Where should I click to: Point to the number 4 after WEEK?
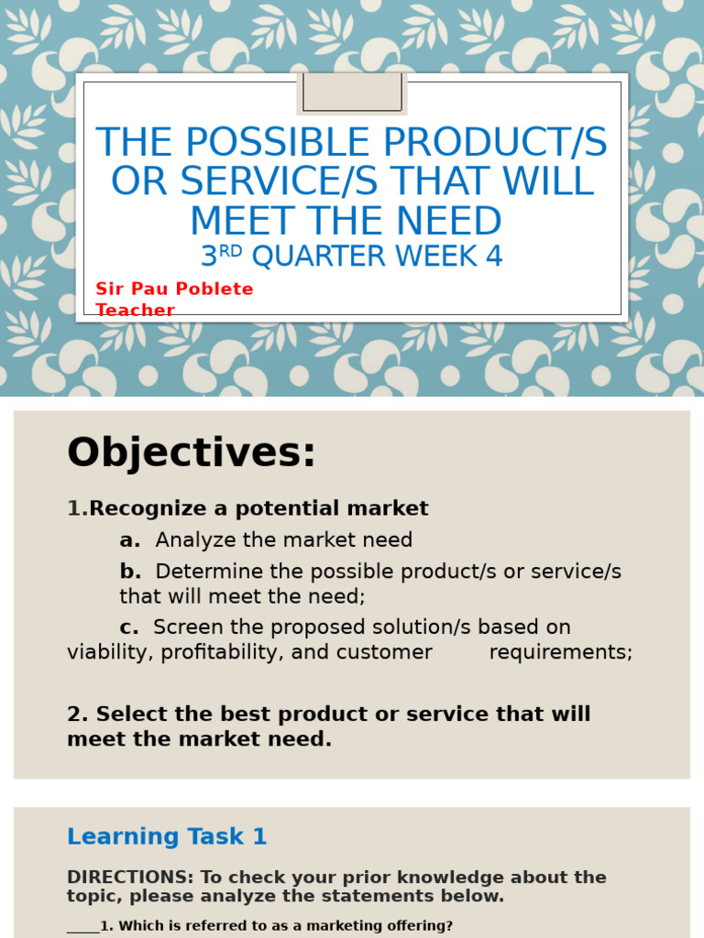[494, 257]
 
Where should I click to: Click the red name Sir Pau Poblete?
[174, 289]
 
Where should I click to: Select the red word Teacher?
[136, 311]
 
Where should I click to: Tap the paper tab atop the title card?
[352, 93]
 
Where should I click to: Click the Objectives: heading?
[192, 453]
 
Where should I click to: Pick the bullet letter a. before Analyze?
[129, 540]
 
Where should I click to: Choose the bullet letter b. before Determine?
[130, 572]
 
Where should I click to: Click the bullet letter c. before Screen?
[129, 627]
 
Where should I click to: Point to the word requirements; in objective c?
[560, 652]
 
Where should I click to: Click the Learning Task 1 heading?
[167, 836]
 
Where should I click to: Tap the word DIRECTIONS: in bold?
[129, 878]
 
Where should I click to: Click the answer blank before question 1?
[82, 927]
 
